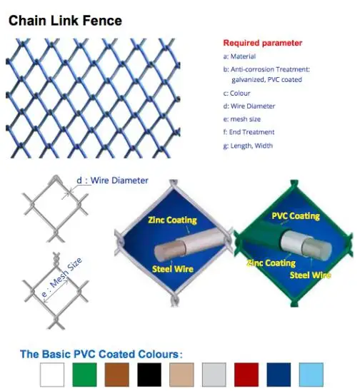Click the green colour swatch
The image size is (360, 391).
pos(84,375)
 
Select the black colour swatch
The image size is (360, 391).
pos(149,375)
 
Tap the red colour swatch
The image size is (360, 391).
pos(246,375)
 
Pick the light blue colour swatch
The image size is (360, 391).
pos(311,375)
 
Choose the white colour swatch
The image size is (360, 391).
pos(52,375)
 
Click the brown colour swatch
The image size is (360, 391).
pos(117,375)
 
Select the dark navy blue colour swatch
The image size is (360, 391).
pos(279,375)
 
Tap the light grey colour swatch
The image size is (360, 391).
pos(214,375)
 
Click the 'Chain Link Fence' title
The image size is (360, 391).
pos(65,21)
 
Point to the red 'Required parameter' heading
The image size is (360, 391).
pos(263,43)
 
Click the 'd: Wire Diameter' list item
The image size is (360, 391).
pos(249,106)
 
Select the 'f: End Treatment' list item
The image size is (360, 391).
pos(249,132)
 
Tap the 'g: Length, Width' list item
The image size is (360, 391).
pos(248,146)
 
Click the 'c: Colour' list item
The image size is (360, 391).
pos(236,93)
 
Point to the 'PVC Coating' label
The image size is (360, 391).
pos(296,216)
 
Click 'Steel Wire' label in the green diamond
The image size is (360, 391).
pos(310,275)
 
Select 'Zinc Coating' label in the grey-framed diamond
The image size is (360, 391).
pos(173,220)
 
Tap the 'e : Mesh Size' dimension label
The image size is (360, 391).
pos(61,278)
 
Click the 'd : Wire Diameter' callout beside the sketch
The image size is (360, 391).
pos(112,181)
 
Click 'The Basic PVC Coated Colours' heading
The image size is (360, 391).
pos(101,354)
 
